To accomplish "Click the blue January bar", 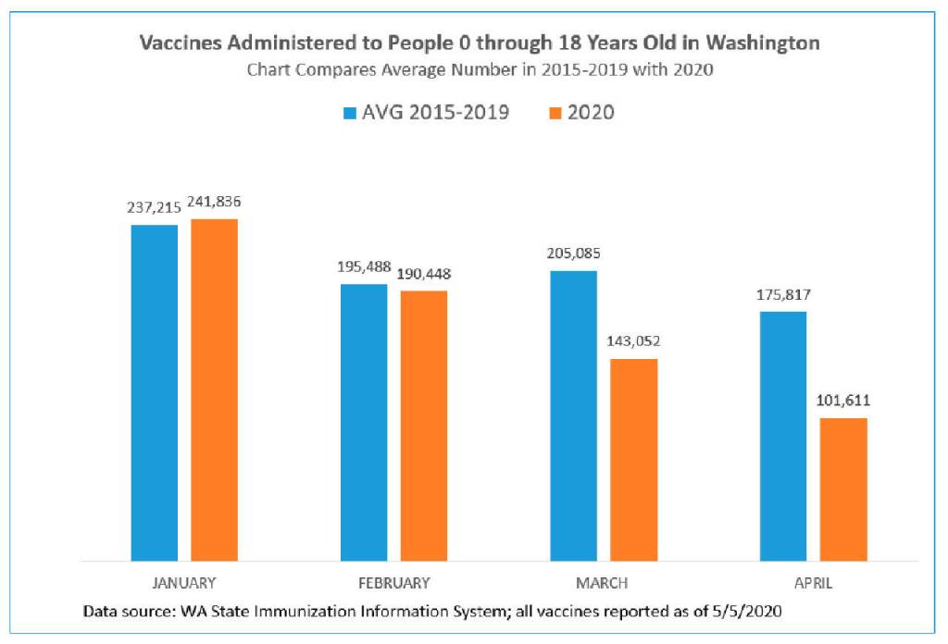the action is coord(155,392).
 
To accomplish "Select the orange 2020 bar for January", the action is coord(215,390).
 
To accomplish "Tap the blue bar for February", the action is coord(364,422).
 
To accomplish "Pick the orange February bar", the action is coord(424,426).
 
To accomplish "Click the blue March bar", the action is coord(573,415).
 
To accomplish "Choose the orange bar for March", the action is coord(633,460).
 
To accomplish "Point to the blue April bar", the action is coord(783,436).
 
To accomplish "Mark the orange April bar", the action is coord(843,489).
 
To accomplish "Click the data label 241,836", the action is coord(214,202).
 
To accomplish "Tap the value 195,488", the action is coord(364,267).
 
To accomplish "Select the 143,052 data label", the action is coord(633,341).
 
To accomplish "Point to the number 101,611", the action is coord(843,401).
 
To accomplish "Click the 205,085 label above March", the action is coord(574,254).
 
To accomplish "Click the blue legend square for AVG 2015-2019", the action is coord(349,113).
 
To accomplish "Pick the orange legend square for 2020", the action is coord(555,113).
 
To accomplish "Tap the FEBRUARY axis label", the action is coord(394,583).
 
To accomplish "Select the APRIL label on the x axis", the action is coord(813,583).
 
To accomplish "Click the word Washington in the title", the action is coord(763,43).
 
